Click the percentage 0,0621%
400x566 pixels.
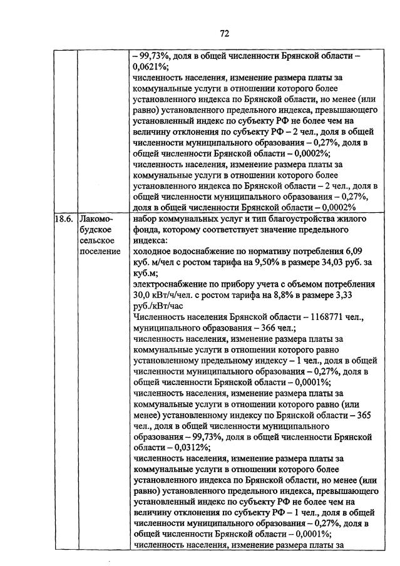(x=150, y=66)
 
